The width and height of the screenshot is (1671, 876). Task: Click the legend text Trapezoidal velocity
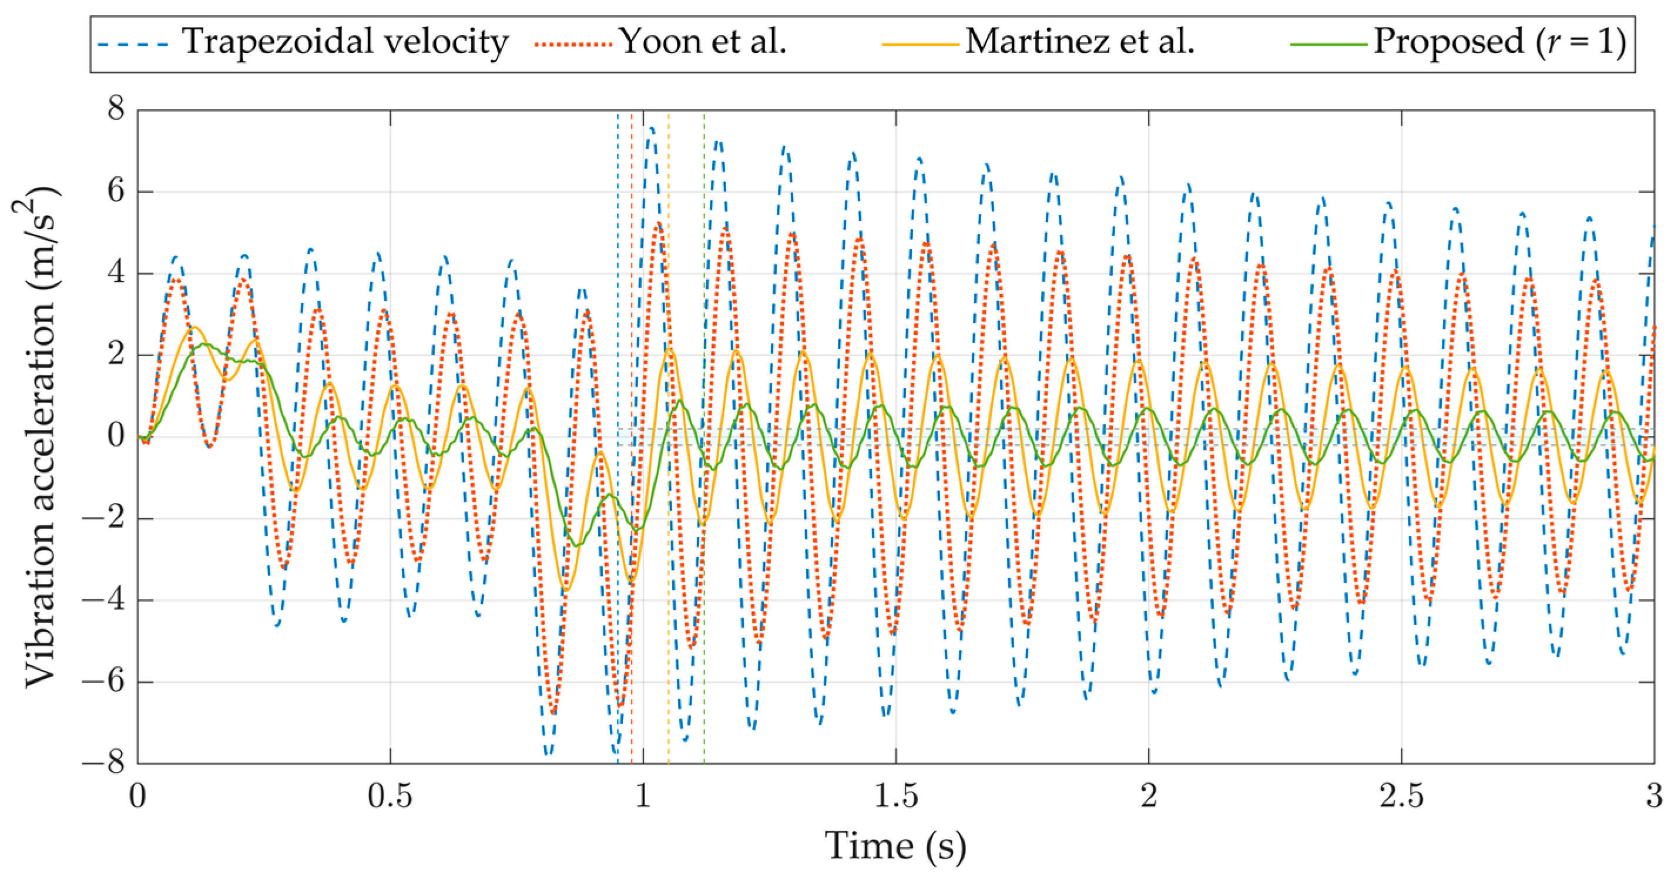(345, 42)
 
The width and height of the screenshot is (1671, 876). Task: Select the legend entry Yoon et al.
(702, 42)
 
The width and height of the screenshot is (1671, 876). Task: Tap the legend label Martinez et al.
(1079, 42)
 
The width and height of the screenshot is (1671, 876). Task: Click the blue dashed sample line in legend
(133, 45)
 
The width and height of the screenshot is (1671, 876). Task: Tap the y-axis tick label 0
(116, 435)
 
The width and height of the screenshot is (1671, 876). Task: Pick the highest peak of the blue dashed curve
(650, 128)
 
